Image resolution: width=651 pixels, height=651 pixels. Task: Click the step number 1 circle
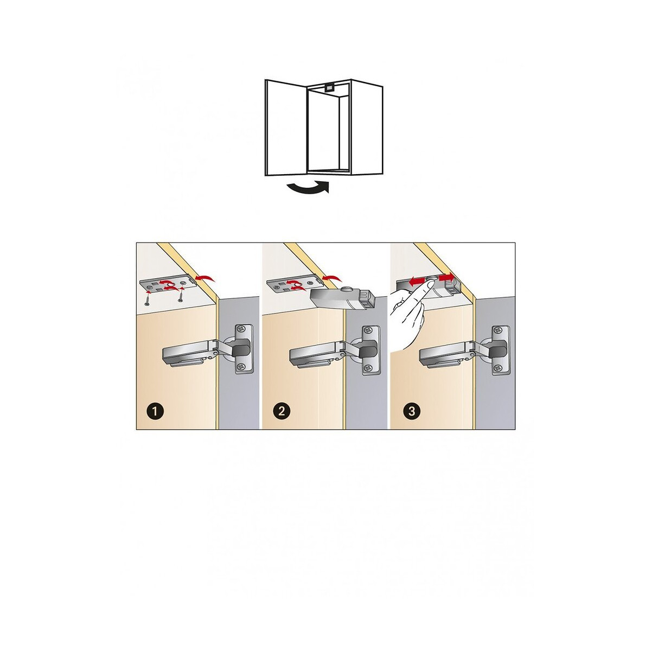click(x=155, y=411)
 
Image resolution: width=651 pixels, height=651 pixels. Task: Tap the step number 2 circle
click(x=282, y=411)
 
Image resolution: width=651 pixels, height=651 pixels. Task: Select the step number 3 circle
click(x=411, y=411)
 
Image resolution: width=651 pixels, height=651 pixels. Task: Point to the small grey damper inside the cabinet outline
click(x=329, y=87)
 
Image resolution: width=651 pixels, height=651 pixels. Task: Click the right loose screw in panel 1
click(x=181, y=296)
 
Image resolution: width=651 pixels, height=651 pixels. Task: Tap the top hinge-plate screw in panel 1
click(x=242, y=328)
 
